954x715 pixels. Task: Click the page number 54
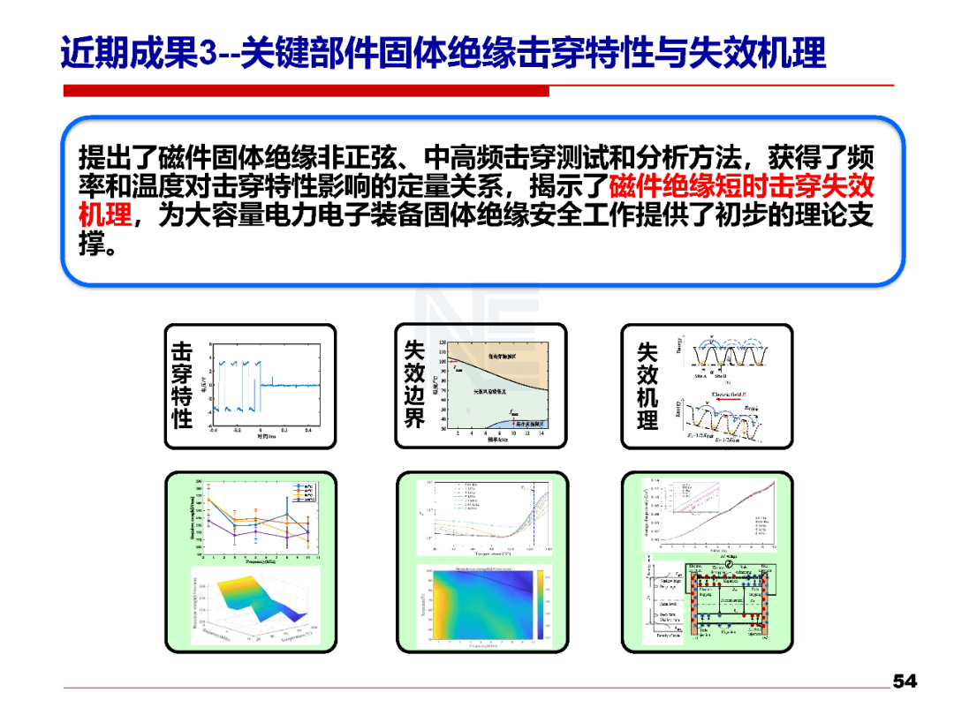coord(904,681)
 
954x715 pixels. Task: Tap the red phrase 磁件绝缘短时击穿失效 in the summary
coord(741,187)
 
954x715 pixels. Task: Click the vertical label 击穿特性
coord(182,386)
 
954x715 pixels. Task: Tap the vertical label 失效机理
coord(647,386)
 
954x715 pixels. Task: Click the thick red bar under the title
coord(306,91)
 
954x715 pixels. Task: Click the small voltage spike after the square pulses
coord(273,380)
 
